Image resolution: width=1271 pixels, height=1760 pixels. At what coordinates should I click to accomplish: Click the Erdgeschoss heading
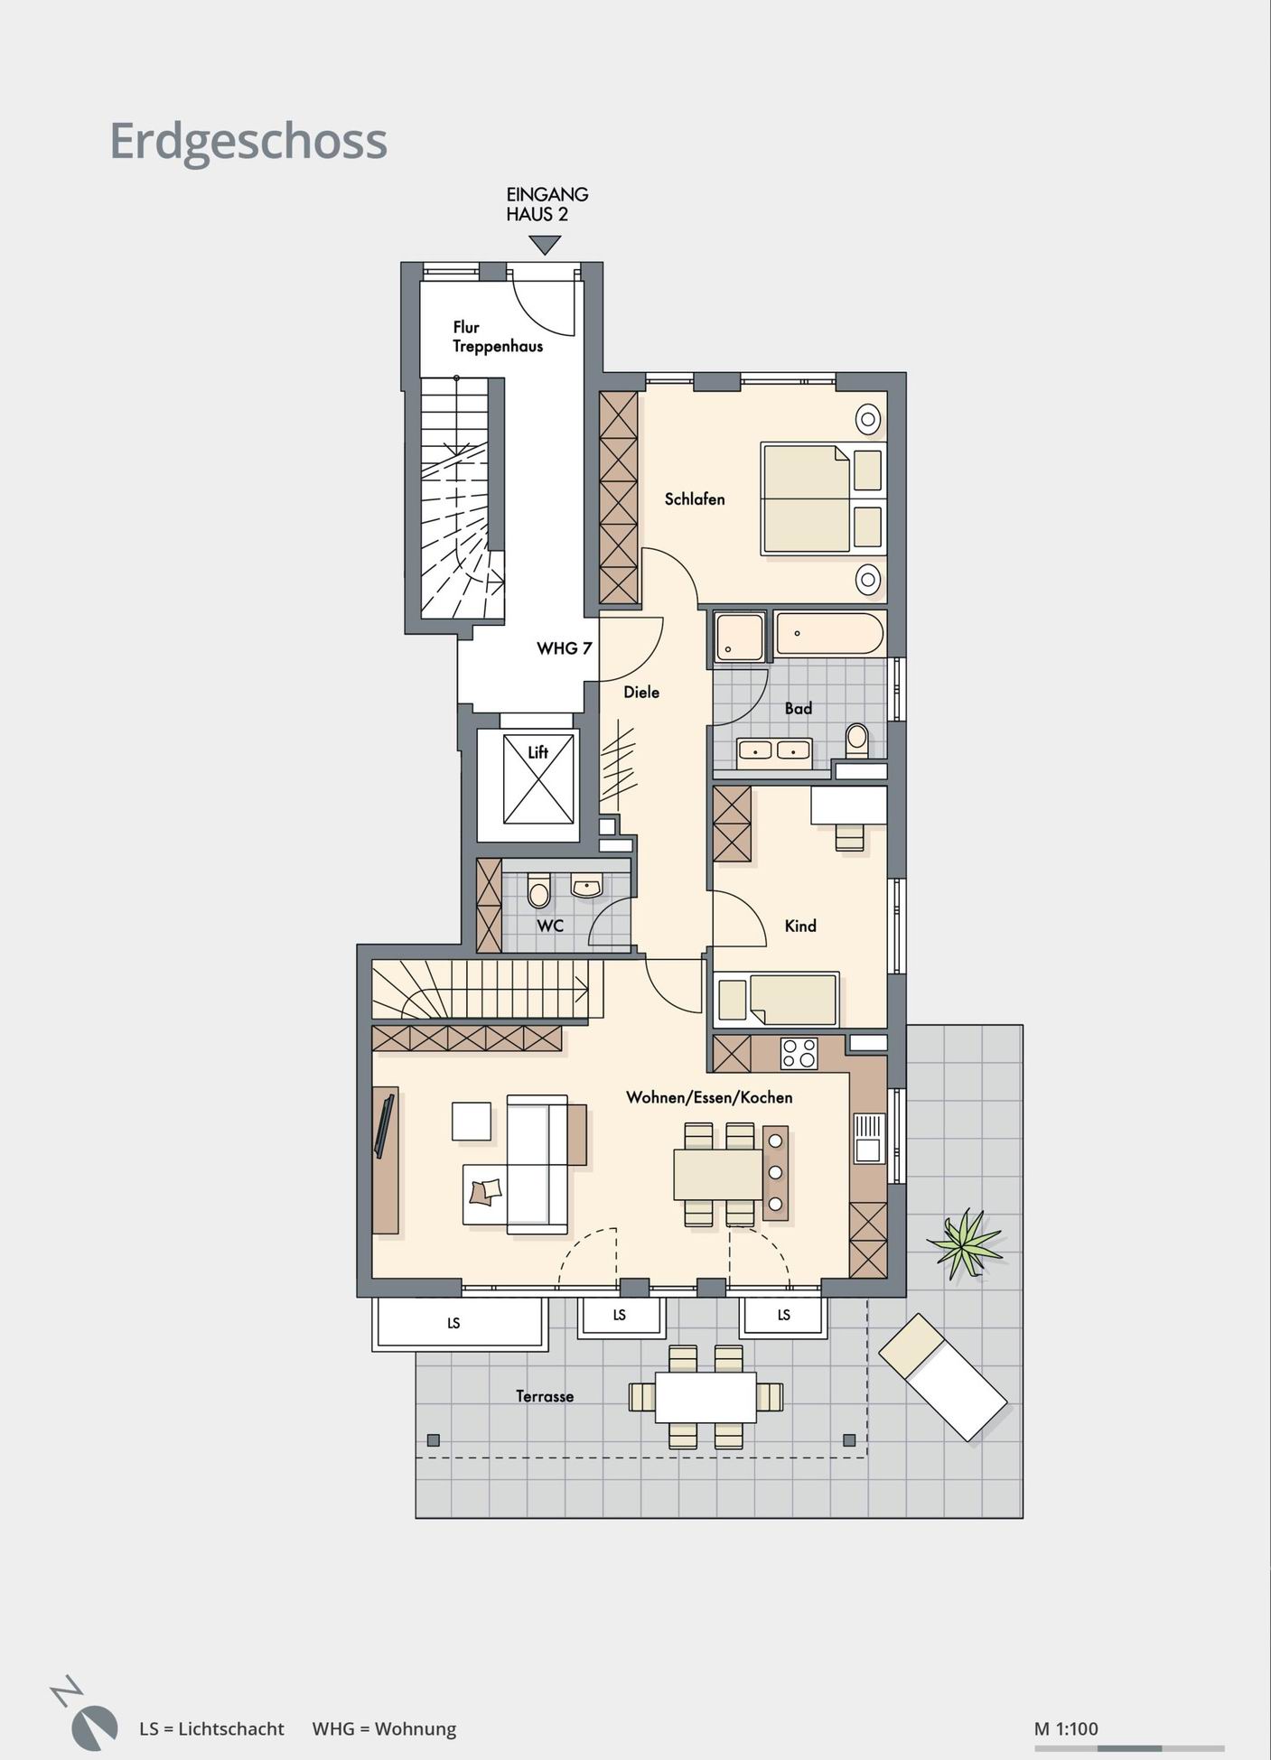[x=248, y=142]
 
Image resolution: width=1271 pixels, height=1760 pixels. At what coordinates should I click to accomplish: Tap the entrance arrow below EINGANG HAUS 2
[x=546, y=245]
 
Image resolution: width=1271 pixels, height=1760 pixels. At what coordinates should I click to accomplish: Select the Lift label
[x=538, y=751]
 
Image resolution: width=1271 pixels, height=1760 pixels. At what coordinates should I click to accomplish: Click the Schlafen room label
[x=695, y=498]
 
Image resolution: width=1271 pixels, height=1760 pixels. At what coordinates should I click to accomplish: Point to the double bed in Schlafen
[x=822, y=498]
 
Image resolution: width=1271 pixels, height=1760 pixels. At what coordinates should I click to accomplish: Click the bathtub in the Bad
[x=829, y=633]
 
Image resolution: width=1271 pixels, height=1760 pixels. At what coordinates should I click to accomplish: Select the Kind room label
[x=800, y=926]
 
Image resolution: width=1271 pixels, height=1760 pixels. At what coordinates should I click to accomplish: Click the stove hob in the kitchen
[x=799, y=1052]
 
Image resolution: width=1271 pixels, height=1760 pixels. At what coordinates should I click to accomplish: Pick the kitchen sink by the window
[x=868, y=1138]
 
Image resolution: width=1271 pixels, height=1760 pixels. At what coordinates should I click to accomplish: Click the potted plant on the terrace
[x=964, y=1243]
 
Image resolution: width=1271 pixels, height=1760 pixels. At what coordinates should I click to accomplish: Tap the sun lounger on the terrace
[x=942, y=1377]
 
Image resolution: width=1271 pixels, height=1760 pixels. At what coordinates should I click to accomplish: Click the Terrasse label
[x=545, y=1396]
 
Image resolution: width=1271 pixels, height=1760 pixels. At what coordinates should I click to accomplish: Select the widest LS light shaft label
[x=453, y=1323]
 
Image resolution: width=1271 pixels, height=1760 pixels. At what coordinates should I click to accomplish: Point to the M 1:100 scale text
[x=1066, y=1728]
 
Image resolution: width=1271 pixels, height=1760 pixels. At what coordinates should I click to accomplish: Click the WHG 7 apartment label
[x=564, y=648]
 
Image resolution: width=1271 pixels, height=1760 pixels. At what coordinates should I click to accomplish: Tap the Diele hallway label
[x=641, y=693]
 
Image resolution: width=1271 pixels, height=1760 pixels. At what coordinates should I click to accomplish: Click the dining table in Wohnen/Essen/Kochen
[x=718, y=1174]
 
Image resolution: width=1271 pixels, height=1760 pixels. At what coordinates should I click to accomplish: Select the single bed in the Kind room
[x=777, y=1000]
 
